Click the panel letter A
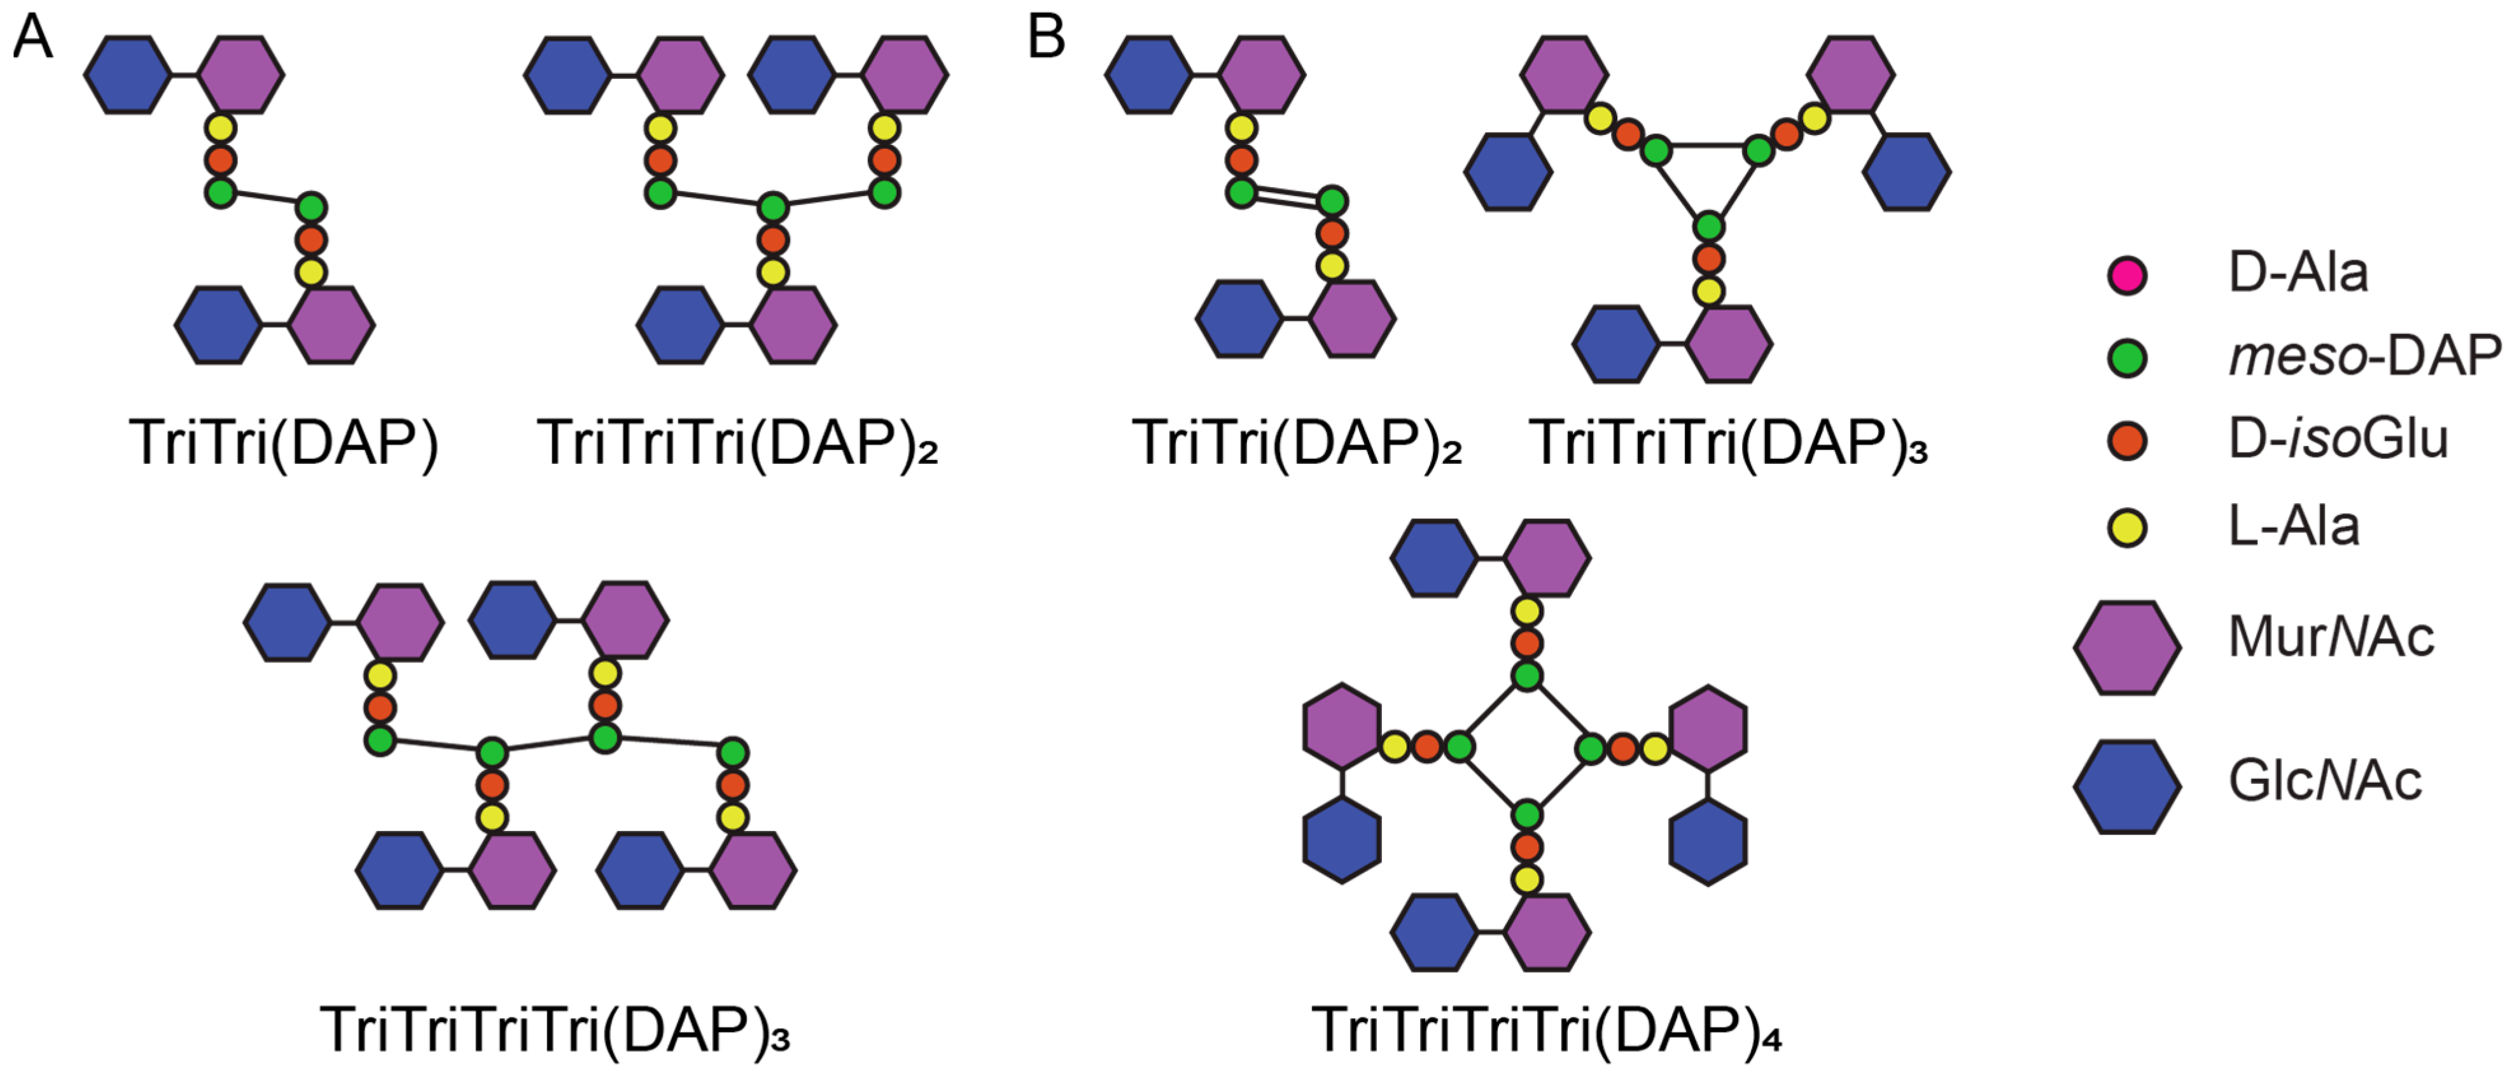point(32,39)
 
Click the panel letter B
point(1047,39)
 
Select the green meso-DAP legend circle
point(2127,358)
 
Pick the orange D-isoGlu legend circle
point(2127,441)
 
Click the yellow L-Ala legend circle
point(2127,528)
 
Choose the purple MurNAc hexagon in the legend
point(2127,647)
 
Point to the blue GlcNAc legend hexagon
point(2127,786)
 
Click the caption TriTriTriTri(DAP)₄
point(1547,1029)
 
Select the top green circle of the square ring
point(1527,675)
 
